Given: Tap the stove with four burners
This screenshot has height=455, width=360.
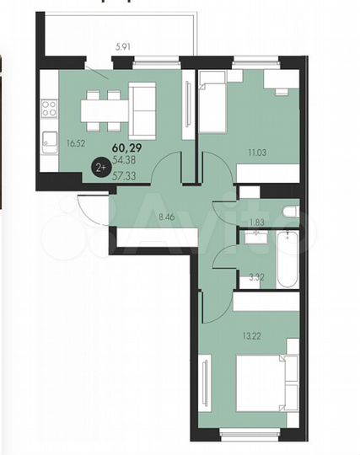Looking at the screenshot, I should click(x=50, y=108).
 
